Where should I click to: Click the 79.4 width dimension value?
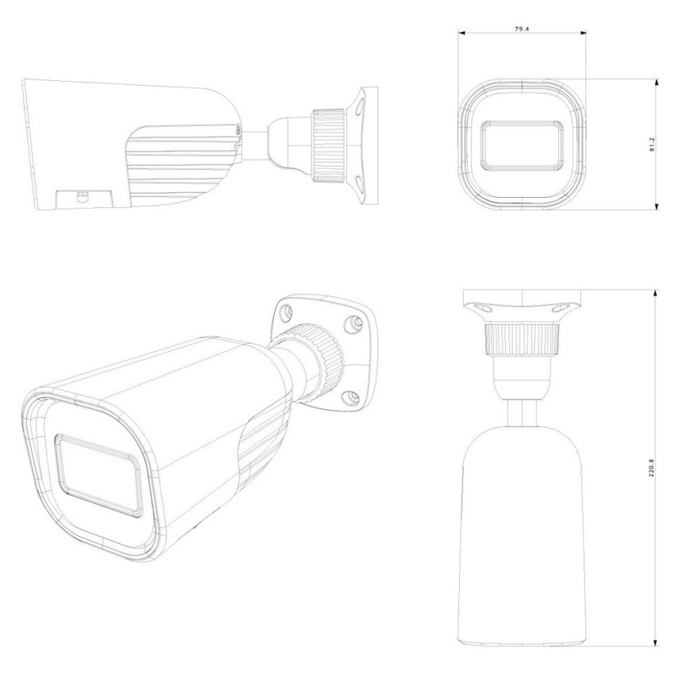click(522, 29)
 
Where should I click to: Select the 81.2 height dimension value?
click(652, 145)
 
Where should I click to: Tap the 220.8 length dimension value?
click(651, 467)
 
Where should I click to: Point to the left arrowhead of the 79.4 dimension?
click(461, 33)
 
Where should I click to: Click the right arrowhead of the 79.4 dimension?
click(583, 33)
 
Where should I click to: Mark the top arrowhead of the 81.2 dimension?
click(657, 82)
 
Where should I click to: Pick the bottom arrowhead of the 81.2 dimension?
click(657, 206)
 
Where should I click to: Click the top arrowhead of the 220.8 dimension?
click(656, 293)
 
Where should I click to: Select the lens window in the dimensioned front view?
click(522, 145)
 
